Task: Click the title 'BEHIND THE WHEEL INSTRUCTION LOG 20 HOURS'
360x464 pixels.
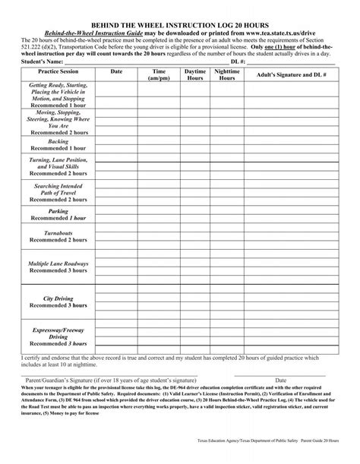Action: pos(180,25)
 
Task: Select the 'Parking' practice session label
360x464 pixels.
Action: pos(58,211)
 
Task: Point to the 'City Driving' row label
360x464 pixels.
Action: pos(58,298)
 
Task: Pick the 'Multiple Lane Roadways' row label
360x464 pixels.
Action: pos(58,264)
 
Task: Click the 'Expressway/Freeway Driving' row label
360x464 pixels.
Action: pos(58,333)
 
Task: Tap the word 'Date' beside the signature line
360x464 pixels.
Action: pos(280,380)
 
